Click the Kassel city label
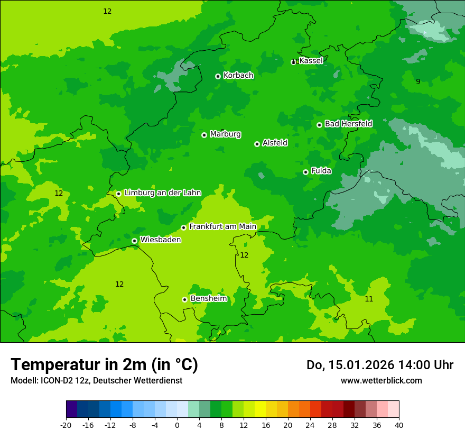pyautogui.click(x=311, y=61)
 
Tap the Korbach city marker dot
pyautogui.click(x=218, y=76)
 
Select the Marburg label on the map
pyautogui.click(x=225, y=134)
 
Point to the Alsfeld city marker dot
pyautogui.click(x=257, y=144)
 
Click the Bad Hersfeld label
pyautogui.click(x=348, y=124)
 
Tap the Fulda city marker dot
pyautogui.click(x=305, y=172)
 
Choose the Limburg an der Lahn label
pyautogui.click(x=163, y=193)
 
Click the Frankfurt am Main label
pyautogui.click(x=222, y=227)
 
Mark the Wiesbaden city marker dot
pyautogui.click(x=134, y=241)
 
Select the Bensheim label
pyautogui.click(x=209, y=299)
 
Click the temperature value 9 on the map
pyautogui.click(x=418, y=81)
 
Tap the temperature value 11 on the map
pyautogui.click(x=369, y=299)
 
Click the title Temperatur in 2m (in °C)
pyautogui.click(x=104, y=365)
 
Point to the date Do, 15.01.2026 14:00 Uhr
pyautogui.click(x=380, y=365)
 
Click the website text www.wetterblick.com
pyautogui.click(x=381, y=380)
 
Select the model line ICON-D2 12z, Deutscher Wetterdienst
pyautogui.click(x=96, y=380)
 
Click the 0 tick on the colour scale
pyautogui.click(x=177, y=425)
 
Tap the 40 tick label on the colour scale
pyautogui.click(x=398, y=425)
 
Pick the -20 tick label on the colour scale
pyautogui.click(x=66, y=425)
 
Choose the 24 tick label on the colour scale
pyautogui.click(x=310, y=425)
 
